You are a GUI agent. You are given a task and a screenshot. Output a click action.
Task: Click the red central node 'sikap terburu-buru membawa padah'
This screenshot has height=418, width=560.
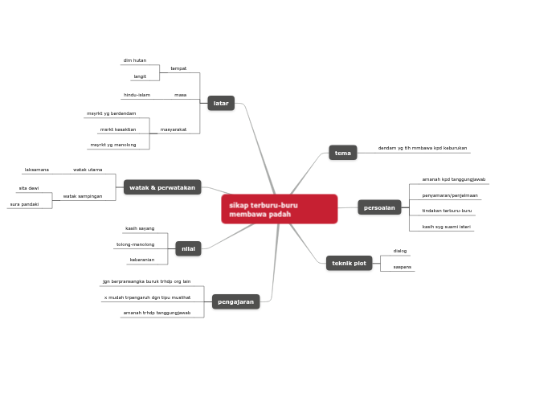[x=279, y=209]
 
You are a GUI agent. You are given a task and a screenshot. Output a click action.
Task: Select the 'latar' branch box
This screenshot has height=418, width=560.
[x=221, y=103]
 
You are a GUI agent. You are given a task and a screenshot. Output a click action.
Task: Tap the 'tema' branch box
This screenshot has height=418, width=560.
[x=343, y=153]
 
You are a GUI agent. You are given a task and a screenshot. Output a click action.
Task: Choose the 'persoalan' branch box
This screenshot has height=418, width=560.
[x=379, y=207]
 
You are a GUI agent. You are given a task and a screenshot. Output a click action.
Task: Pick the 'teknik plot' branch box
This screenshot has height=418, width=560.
[x=349, y=263]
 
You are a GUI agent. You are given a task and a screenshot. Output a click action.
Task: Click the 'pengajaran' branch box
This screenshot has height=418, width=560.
[x=236, y=301]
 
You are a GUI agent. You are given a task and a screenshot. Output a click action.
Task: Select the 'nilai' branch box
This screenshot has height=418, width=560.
[x=189, y=248]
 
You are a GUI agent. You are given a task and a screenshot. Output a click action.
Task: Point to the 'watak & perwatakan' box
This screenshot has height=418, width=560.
[x=162, y=187]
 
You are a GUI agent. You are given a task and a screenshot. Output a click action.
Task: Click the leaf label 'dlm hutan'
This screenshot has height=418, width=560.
[x=134, y=60]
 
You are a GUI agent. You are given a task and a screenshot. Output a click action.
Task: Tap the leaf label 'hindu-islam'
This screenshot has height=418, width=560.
[x=137, y=95]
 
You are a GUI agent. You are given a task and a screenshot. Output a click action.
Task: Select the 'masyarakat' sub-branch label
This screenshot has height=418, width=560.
[x=174, y=129]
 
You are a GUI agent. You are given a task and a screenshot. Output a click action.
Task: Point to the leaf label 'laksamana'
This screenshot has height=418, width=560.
[x=37, y=170]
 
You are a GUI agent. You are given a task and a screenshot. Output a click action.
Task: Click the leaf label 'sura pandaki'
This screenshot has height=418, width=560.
[x=24, y=204]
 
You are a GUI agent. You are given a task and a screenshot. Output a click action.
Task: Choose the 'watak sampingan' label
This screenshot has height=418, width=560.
[x=83, y=196]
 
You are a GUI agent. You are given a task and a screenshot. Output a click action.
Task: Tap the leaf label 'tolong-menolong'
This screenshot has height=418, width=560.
[x=135, y=244]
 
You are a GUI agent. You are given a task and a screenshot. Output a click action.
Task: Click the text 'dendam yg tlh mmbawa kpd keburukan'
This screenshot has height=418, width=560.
[x=422, y=148]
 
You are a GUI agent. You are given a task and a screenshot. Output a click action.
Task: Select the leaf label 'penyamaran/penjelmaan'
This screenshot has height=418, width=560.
[x=450, y=195]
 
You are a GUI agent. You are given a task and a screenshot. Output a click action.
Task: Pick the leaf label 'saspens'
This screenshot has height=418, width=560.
[x=403, y=267]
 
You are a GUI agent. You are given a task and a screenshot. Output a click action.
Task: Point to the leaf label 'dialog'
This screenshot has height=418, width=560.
[x=400, y=251]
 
